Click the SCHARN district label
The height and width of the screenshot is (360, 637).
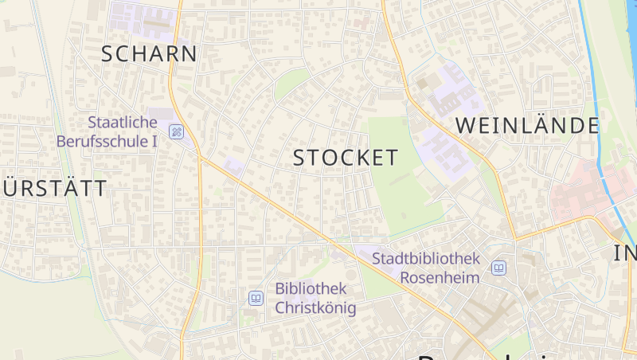(149, 54)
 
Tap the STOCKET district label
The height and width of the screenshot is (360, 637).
(346, 158)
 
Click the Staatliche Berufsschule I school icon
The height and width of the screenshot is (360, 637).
(177, 131)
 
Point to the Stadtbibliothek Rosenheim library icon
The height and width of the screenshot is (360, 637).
(498, 268)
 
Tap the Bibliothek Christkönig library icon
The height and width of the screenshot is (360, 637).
(256, 298)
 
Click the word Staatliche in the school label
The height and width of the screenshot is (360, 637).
(123, 123)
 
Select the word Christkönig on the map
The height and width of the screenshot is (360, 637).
(315, 307)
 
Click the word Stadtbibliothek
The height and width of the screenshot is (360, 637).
(426, 259)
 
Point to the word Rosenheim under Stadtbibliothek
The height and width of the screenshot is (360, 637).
(440, 277)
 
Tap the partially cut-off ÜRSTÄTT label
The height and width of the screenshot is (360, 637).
(54, 189)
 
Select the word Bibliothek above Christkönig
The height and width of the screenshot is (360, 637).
(311, 288)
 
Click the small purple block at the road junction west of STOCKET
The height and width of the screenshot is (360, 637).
(233, 166)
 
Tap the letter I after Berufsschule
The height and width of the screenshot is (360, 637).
(154, 141)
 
